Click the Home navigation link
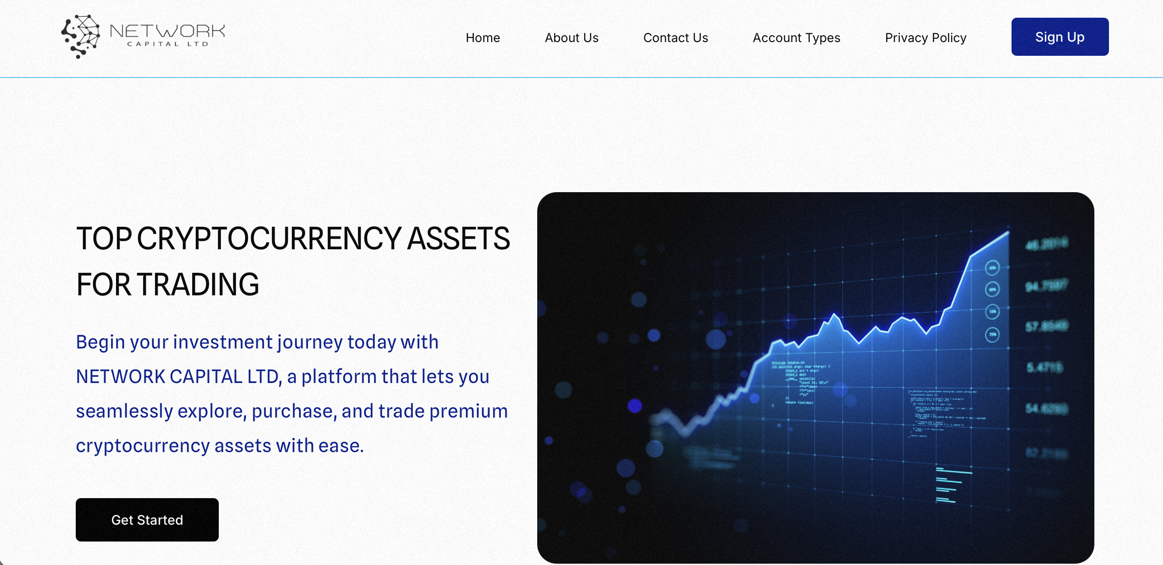coord(483,38)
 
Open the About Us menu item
coord(571,38)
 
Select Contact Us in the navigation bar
coord(675,38)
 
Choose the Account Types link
coord(796,38)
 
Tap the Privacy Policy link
coord(925,38)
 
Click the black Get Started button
coord(147,519)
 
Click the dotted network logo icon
coord(81,36)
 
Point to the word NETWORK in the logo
coord(167,31)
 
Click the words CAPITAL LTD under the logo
coord(167,44)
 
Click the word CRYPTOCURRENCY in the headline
coord(269,238)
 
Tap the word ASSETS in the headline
coord(458,238)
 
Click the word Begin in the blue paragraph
coord(100,342)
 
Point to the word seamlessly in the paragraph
coord(124,411)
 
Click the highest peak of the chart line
coord(1008,232)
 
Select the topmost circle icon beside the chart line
coord(992,268)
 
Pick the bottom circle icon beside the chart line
coord(992,334)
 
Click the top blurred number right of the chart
coord(1046,244)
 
